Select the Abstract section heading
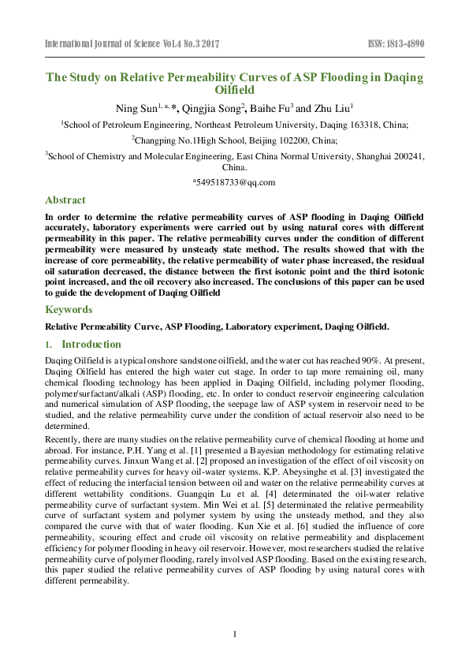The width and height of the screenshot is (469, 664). click(65, 200)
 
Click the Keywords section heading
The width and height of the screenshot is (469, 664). click(69, 310)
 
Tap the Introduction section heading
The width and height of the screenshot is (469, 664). click(91, 345)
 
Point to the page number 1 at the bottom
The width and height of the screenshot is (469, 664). click(235, 634)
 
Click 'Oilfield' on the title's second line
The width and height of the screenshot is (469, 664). click(234, 91)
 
